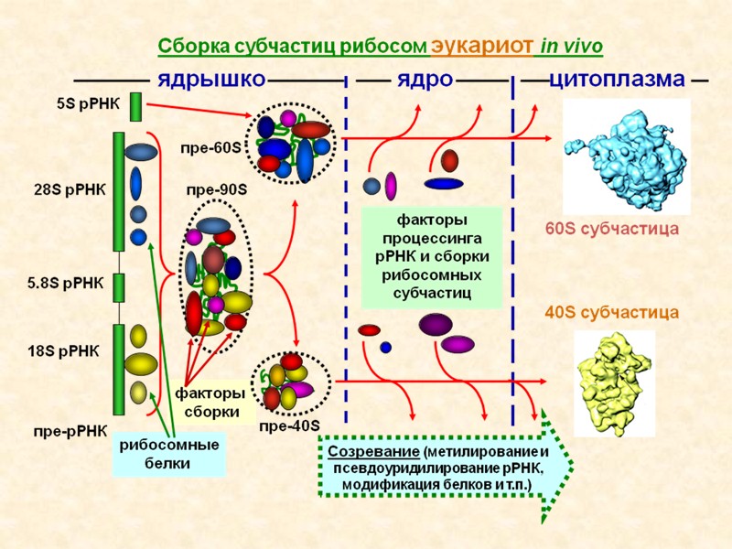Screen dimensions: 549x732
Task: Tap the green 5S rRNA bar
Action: [135, 106]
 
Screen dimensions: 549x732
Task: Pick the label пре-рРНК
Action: [70, 429]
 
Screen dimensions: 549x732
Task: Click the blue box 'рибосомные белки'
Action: [169, 454]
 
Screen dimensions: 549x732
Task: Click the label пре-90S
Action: [217, 189]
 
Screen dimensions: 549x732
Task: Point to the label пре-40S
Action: [289, 426]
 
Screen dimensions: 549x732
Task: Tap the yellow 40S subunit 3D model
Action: [614, 382]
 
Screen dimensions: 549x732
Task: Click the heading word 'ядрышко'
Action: [211, 78]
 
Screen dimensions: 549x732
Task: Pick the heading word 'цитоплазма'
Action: [617, 78]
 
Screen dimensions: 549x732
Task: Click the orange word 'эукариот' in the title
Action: [482, 45]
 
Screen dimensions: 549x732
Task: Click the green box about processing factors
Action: [432, 257]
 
